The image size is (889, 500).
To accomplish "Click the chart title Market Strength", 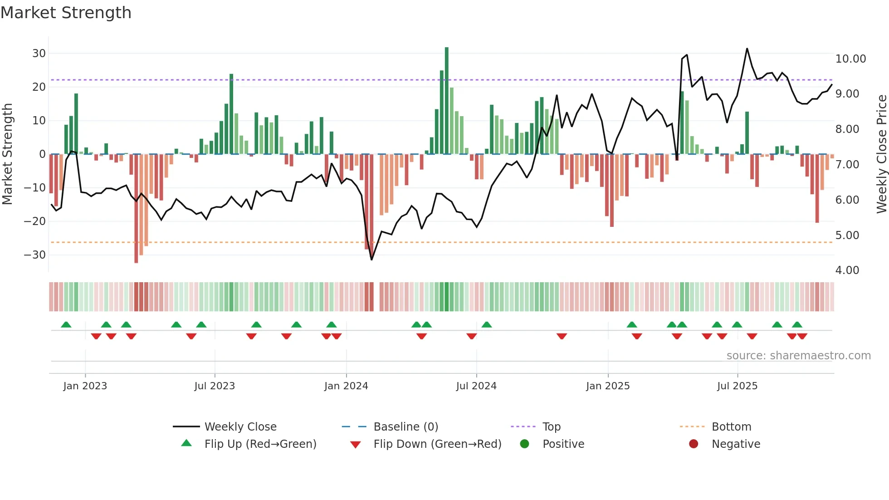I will tap(66, 13).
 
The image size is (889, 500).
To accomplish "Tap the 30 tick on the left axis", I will tap(39, 54).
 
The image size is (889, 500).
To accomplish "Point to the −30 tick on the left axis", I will tap(35, 255).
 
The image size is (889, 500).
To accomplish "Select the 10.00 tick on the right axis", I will tap(850, 59).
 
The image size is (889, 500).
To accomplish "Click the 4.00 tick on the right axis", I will tap(847, 270).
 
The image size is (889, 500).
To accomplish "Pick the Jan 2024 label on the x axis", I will tap(346, 386).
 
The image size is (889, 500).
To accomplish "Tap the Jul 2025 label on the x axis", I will tap(737, 386).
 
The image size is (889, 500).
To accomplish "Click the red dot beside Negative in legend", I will tap(694, 444).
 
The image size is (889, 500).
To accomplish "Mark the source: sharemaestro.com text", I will tap(798, 356).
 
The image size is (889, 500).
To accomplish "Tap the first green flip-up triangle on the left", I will tap(66, 324).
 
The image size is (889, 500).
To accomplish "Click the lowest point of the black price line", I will tap(371, 260).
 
